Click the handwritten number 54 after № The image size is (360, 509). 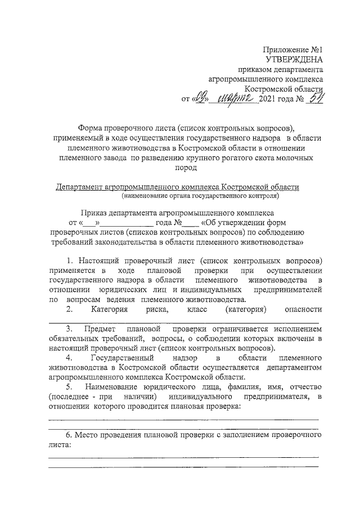point(316,100)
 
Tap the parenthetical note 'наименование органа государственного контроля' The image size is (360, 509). point(200,196)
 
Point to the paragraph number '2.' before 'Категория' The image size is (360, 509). point(69,309)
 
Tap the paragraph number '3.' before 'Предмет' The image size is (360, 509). point(70,328)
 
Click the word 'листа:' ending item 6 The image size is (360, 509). point(60,444)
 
